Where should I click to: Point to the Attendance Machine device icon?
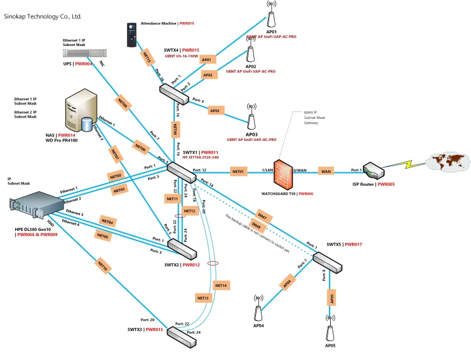click(x=131, y=35)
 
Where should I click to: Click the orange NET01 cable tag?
click(x=239, y=171)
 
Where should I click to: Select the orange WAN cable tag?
click(x=326, y=171)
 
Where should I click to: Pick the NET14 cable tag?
click(x=221, y=285)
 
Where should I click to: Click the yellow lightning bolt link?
click(x=408, y=165)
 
